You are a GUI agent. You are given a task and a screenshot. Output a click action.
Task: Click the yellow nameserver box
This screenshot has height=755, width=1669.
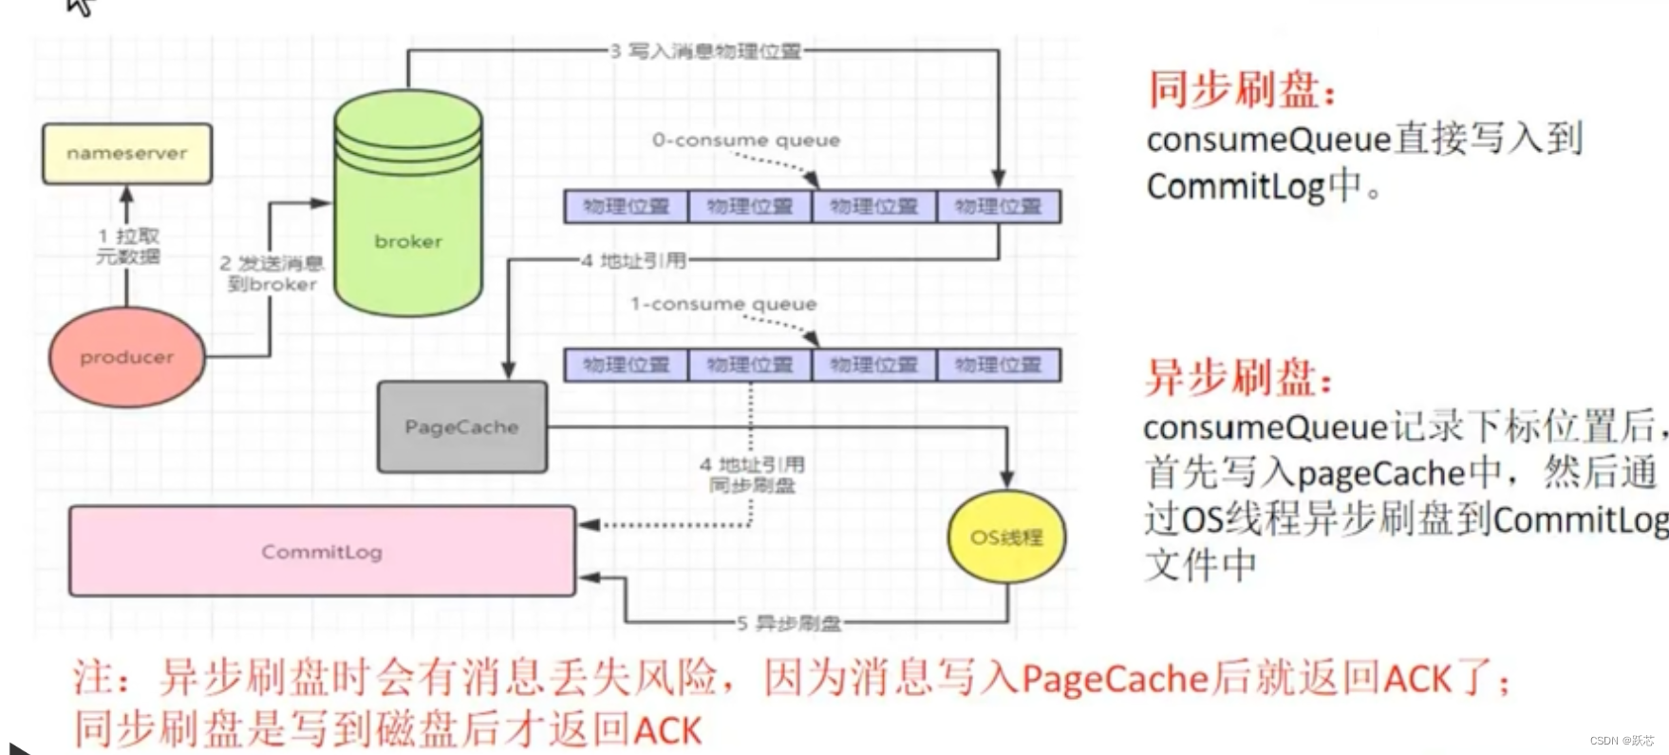[x=127, y=153]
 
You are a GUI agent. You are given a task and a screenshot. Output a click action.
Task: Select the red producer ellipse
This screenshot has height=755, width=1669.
[x=126, y=357]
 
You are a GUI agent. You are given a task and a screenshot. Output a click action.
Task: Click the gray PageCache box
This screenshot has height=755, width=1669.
[x=461, y=427]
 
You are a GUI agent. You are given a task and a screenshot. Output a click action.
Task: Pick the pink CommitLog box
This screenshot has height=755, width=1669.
[x=322, y=552]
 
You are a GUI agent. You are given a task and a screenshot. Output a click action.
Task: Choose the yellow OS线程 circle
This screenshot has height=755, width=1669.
[x=1006, y=538]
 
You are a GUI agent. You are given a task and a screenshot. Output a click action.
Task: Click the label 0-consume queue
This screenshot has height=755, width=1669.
[x=745, y=141]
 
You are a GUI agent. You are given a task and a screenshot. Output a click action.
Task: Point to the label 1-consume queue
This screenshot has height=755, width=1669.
[x=723, y=304]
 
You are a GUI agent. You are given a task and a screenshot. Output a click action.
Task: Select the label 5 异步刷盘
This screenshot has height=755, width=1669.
[x=789, y=623]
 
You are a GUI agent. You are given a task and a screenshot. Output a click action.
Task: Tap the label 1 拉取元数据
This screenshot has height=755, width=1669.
[x=128, y=246]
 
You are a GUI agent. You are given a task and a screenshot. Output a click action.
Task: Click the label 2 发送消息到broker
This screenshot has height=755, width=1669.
[x=272, y=274]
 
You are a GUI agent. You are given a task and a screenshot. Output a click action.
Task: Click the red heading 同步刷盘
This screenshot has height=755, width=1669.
[x=1242, y=90]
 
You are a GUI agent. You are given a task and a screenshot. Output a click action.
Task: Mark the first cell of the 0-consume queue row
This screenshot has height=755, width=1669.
[x=626, y=206]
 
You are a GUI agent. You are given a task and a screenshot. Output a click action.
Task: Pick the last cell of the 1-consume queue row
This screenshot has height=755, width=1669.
[x=998, y=365]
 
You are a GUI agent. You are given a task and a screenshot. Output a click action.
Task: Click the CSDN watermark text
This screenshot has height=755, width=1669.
[x=1621, y=740]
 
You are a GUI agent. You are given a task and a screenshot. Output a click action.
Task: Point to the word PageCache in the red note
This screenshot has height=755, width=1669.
[x=1115, y=679]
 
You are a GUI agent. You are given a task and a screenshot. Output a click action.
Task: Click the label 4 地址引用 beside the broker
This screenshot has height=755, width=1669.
[x=633, y=259]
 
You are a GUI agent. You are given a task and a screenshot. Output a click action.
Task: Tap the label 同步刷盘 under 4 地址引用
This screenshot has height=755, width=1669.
[x=752, y=485]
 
